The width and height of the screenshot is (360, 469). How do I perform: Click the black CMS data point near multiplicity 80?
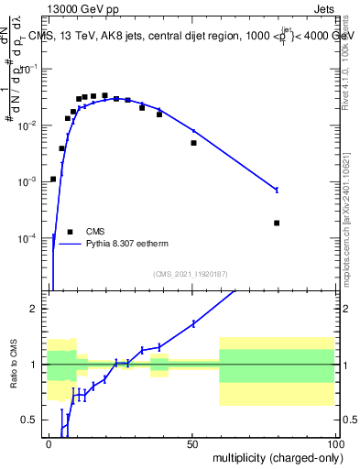(x=277, y=223)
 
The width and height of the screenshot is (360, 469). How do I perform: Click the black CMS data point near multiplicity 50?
(x=193, y=143)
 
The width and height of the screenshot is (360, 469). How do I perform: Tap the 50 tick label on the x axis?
(x=191, y=442)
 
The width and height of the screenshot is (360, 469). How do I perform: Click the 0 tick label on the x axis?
(x=49, y=442)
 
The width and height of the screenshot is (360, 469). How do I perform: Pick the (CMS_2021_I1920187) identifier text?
(x=190, y=274)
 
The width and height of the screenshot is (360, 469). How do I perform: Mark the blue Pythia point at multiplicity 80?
(x=277, y=190)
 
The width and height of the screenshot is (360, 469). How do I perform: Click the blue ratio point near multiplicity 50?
(x=193, y=323)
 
